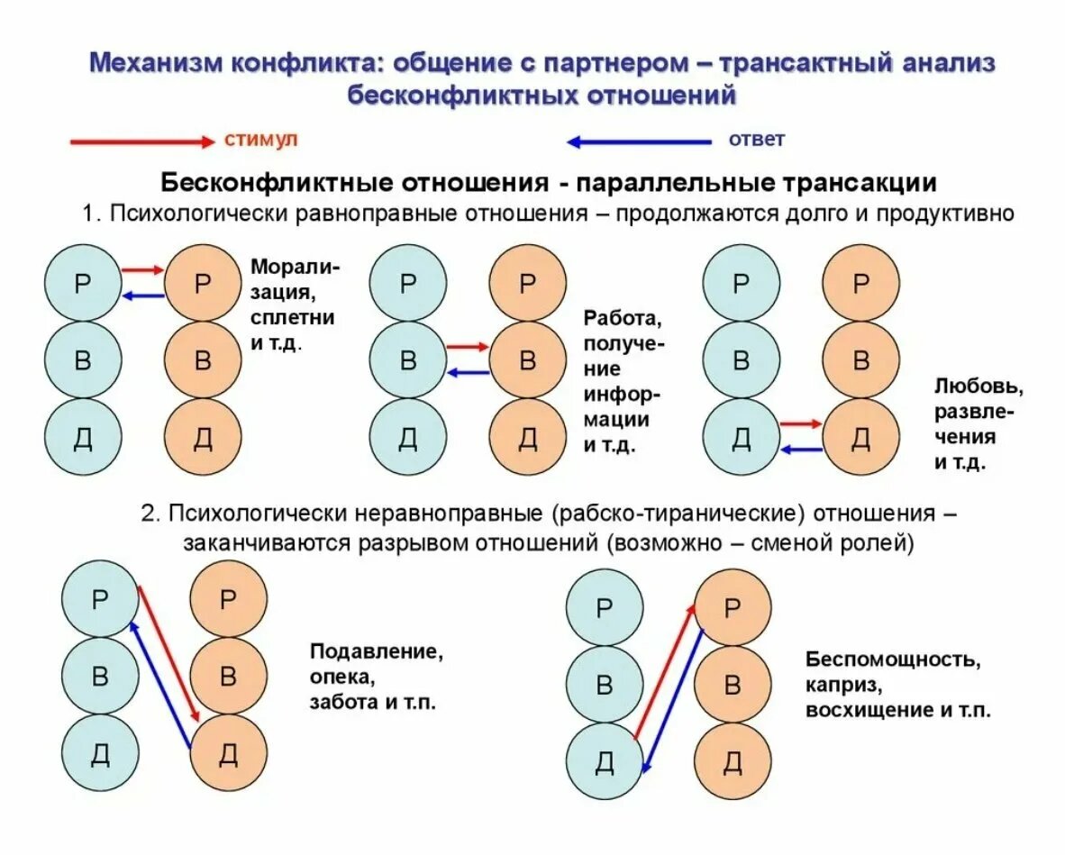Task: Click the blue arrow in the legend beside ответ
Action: coord(639,141)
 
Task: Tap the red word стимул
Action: coord(260,140)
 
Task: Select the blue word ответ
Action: coord(757,140)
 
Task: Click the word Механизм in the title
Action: coord(152,65)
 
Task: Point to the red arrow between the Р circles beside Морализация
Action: coord(143,269)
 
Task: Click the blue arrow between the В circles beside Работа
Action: coord(468,372)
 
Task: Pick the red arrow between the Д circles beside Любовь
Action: coord(801,423)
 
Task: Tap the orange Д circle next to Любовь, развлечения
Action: coord(861,438)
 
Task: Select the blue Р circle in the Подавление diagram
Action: coord(100,599)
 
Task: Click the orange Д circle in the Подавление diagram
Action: coord(229,754)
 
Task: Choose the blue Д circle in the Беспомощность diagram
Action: coord(604,762)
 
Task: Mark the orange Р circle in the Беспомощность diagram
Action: coord(733,608)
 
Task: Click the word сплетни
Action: coord(293,317)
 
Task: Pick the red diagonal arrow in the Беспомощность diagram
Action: coord(664,671)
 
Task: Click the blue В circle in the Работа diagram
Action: coord(408,361)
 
